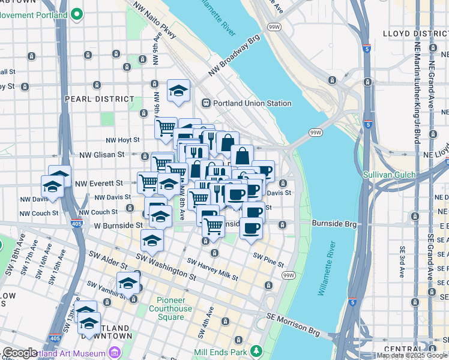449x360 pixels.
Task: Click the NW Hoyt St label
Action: pyautogui.click(x=122, y=140)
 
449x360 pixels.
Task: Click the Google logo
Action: pyautogui.click(x=20, y=353)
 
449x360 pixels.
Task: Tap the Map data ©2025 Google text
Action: pyautogui.click(x=411, y=355)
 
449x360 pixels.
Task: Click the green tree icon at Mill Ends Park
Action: pyautogui.click(x=256, y=350)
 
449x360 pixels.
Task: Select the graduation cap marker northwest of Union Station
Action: pyautogui.click(x=178, y=91)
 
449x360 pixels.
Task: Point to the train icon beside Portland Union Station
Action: pyautogui.click(x=206, y=103)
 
